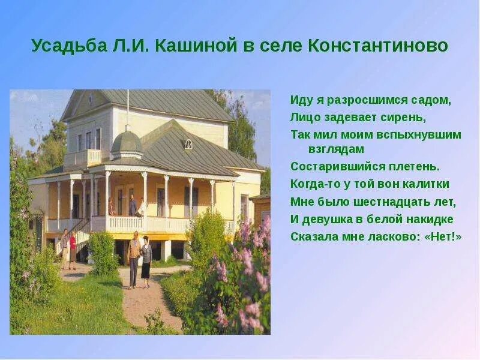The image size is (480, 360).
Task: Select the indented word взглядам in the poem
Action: tap(337, 149)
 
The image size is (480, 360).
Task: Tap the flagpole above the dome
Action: tap(127, 108)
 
